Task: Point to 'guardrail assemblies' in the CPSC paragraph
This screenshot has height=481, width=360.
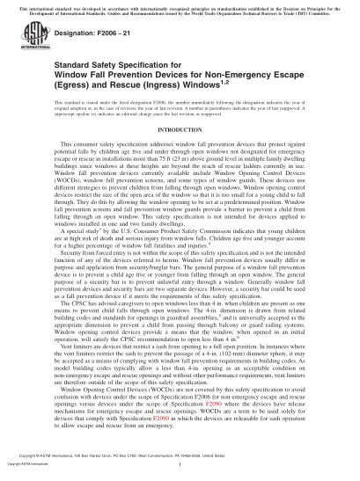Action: coord(197,339)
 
